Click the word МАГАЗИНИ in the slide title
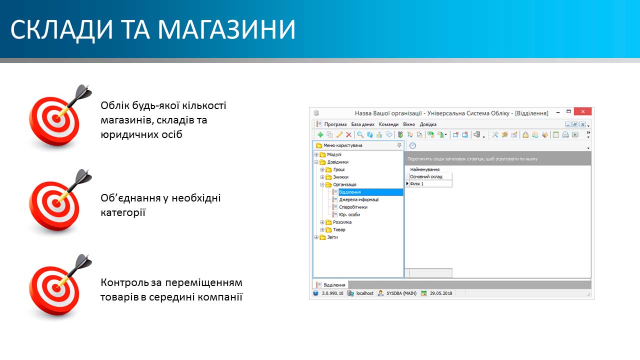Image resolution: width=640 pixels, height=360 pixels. click(226, 29)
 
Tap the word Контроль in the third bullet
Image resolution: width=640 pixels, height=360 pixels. click(124, 282)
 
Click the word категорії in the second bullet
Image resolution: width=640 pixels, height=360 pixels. click(123, 212)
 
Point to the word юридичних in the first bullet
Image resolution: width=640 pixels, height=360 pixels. click(129, 134)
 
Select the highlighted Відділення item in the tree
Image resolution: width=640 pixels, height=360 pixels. click(349, 192)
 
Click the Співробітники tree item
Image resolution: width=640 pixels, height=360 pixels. click(353, 207)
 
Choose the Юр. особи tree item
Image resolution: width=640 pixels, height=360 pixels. click(349, 214)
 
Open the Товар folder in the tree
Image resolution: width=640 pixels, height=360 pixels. click(339, 229)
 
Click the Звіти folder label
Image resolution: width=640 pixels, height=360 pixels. click(332, 237)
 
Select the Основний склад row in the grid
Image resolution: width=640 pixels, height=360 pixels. click(426, 176)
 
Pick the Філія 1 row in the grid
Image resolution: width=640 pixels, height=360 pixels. click(416, 183)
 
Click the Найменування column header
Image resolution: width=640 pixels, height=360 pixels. click(424, 169)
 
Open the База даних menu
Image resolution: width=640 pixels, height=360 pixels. click(362, 124)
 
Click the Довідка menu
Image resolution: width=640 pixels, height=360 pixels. click(427, 124)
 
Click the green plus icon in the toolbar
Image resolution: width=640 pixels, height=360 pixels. click(320, 134)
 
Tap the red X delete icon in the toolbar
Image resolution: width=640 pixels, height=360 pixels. click(348, 134)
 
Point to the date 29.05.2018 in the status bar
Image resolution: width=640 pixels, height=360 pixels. click(441, 293)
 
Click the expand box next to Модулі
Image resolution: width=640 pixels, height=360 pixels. click(316, 154)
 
